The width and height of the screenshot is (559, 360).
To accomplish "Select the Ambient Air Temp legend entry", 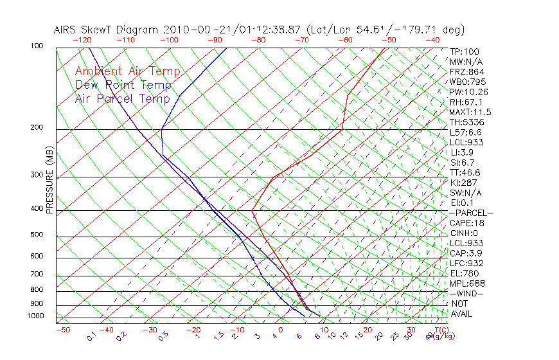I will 128,72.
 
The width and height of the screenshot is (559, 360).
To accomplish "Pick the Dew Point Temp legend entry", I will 123,85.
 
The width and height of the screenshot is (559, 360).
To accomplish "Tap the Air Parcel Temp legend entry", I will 123,99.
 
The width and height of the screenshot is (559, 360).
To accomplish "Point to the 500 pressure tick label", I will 37,235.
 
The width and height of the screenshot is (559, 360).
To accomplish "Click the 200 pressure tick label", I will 37,128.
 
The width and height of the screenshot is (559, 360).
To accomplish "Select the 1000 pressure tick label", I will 36,316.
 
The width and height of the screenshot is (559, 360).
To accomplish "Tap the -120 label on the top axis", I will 82,40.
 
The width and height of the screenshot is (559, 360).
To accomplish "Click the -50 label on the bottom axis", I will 62,330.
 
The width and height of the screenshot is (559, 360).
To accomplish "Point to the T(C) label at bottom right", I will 438,330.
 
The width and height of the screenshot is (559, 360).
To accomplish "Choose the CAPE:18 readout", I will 467,223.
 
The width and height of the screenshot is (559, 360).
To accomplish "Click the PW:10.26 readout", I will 469,92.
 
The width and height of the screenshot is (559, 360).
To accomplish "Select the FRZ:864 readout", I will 466,72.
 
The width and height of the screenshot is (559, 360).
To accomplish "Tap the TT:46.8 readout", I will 466,172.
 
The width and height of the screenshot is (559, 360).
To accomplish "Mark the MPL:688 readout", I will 467,283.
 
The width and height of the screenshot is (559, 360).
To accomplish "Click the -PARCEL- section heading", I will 471,213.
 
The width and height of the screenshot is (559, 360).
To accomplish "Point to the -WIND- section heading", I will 466,294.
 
